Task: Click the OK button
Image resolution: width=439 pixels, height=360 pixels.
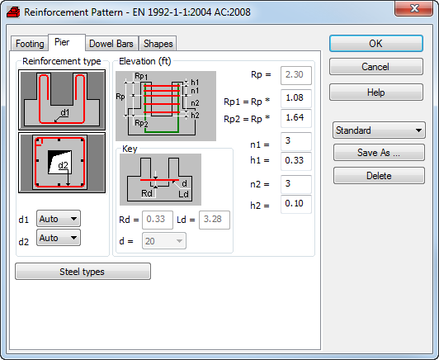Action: [376, 44]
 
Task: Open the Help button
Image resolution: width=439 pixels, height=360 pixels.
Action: [376, 92]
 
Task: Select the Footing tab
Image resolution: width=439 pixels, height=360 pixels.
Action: [30, 44]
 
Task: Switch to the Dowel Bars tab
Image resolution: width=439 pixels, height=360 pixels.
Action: [111, 44]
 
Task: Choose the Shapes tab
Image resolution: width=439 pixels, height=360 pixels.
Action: [158, 44]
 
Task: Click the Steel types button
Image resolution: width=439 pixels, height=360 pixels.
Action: [83, 272]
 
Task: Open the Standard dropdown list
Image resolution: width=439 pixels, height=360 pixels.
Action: [379, 130]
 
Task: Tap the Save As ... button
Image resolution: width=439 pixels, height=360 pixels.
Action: [379, 153]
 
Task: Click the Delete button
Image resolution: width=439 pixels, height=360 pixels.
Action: [379, 176]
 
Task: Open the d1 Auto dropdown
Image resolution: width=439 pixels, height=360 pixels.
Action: [59, 219]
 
